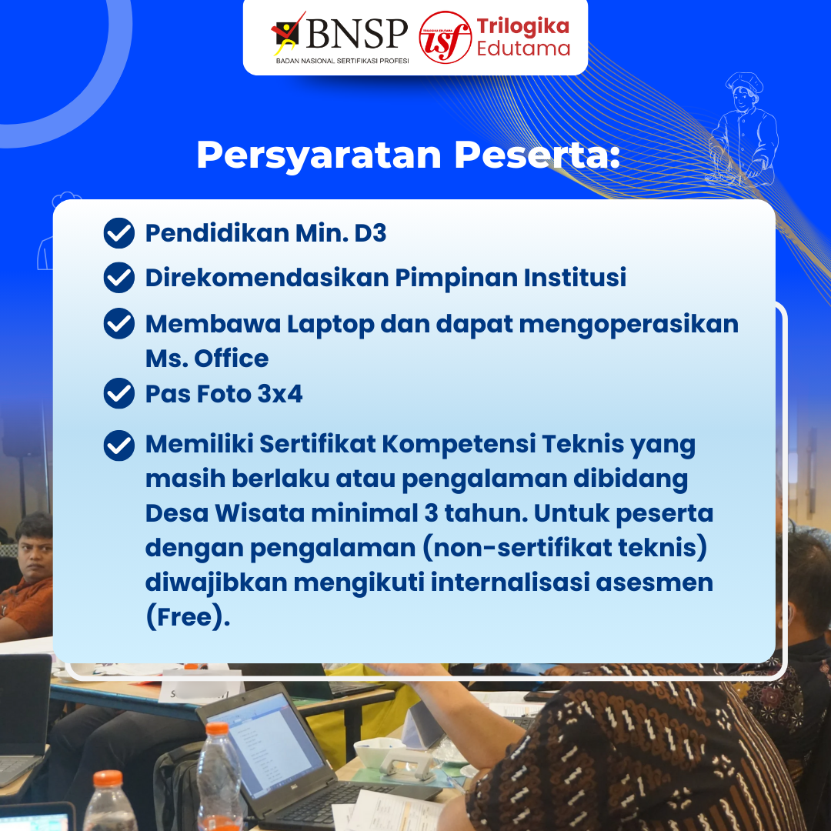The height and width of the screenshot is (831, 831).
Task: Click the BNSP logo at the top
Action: click(341, 36)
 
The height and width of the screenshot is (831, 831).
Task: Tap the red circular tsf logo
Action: click(445, 37)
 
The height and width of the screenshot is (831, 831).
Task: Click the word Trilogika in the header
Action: click(522, 26)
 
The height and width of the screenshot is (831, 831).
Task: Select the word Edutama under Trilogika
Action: click(523, 48)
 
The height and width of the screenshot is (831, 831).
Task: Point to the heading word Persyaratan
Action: click(319, 155)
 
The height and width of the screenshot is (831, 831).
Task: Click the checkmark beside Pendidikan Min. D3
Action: click(119, 233)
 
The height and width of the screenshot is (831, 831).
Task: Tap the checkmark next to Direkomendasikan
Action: click(119, 278)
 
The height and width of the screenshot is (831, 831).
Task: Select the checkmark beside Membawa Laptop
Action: click(119, 324)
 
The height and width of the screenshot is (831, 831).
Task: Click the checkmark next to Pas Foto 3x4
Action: click(119, 394)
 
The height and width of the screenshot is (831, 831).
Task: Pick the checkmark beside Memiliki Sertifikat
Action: click(119, 445)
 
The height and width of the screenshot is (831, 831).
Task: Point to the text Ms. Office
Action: click(207, 359)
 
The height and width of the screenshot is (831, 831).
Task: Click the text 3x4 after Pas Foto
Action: click(280, 394)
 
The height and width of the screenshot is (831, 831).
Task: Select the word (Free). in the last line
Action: click(188, 618)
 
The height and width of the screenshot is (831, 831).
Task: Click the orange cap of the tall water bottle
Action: click(217, 729)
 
